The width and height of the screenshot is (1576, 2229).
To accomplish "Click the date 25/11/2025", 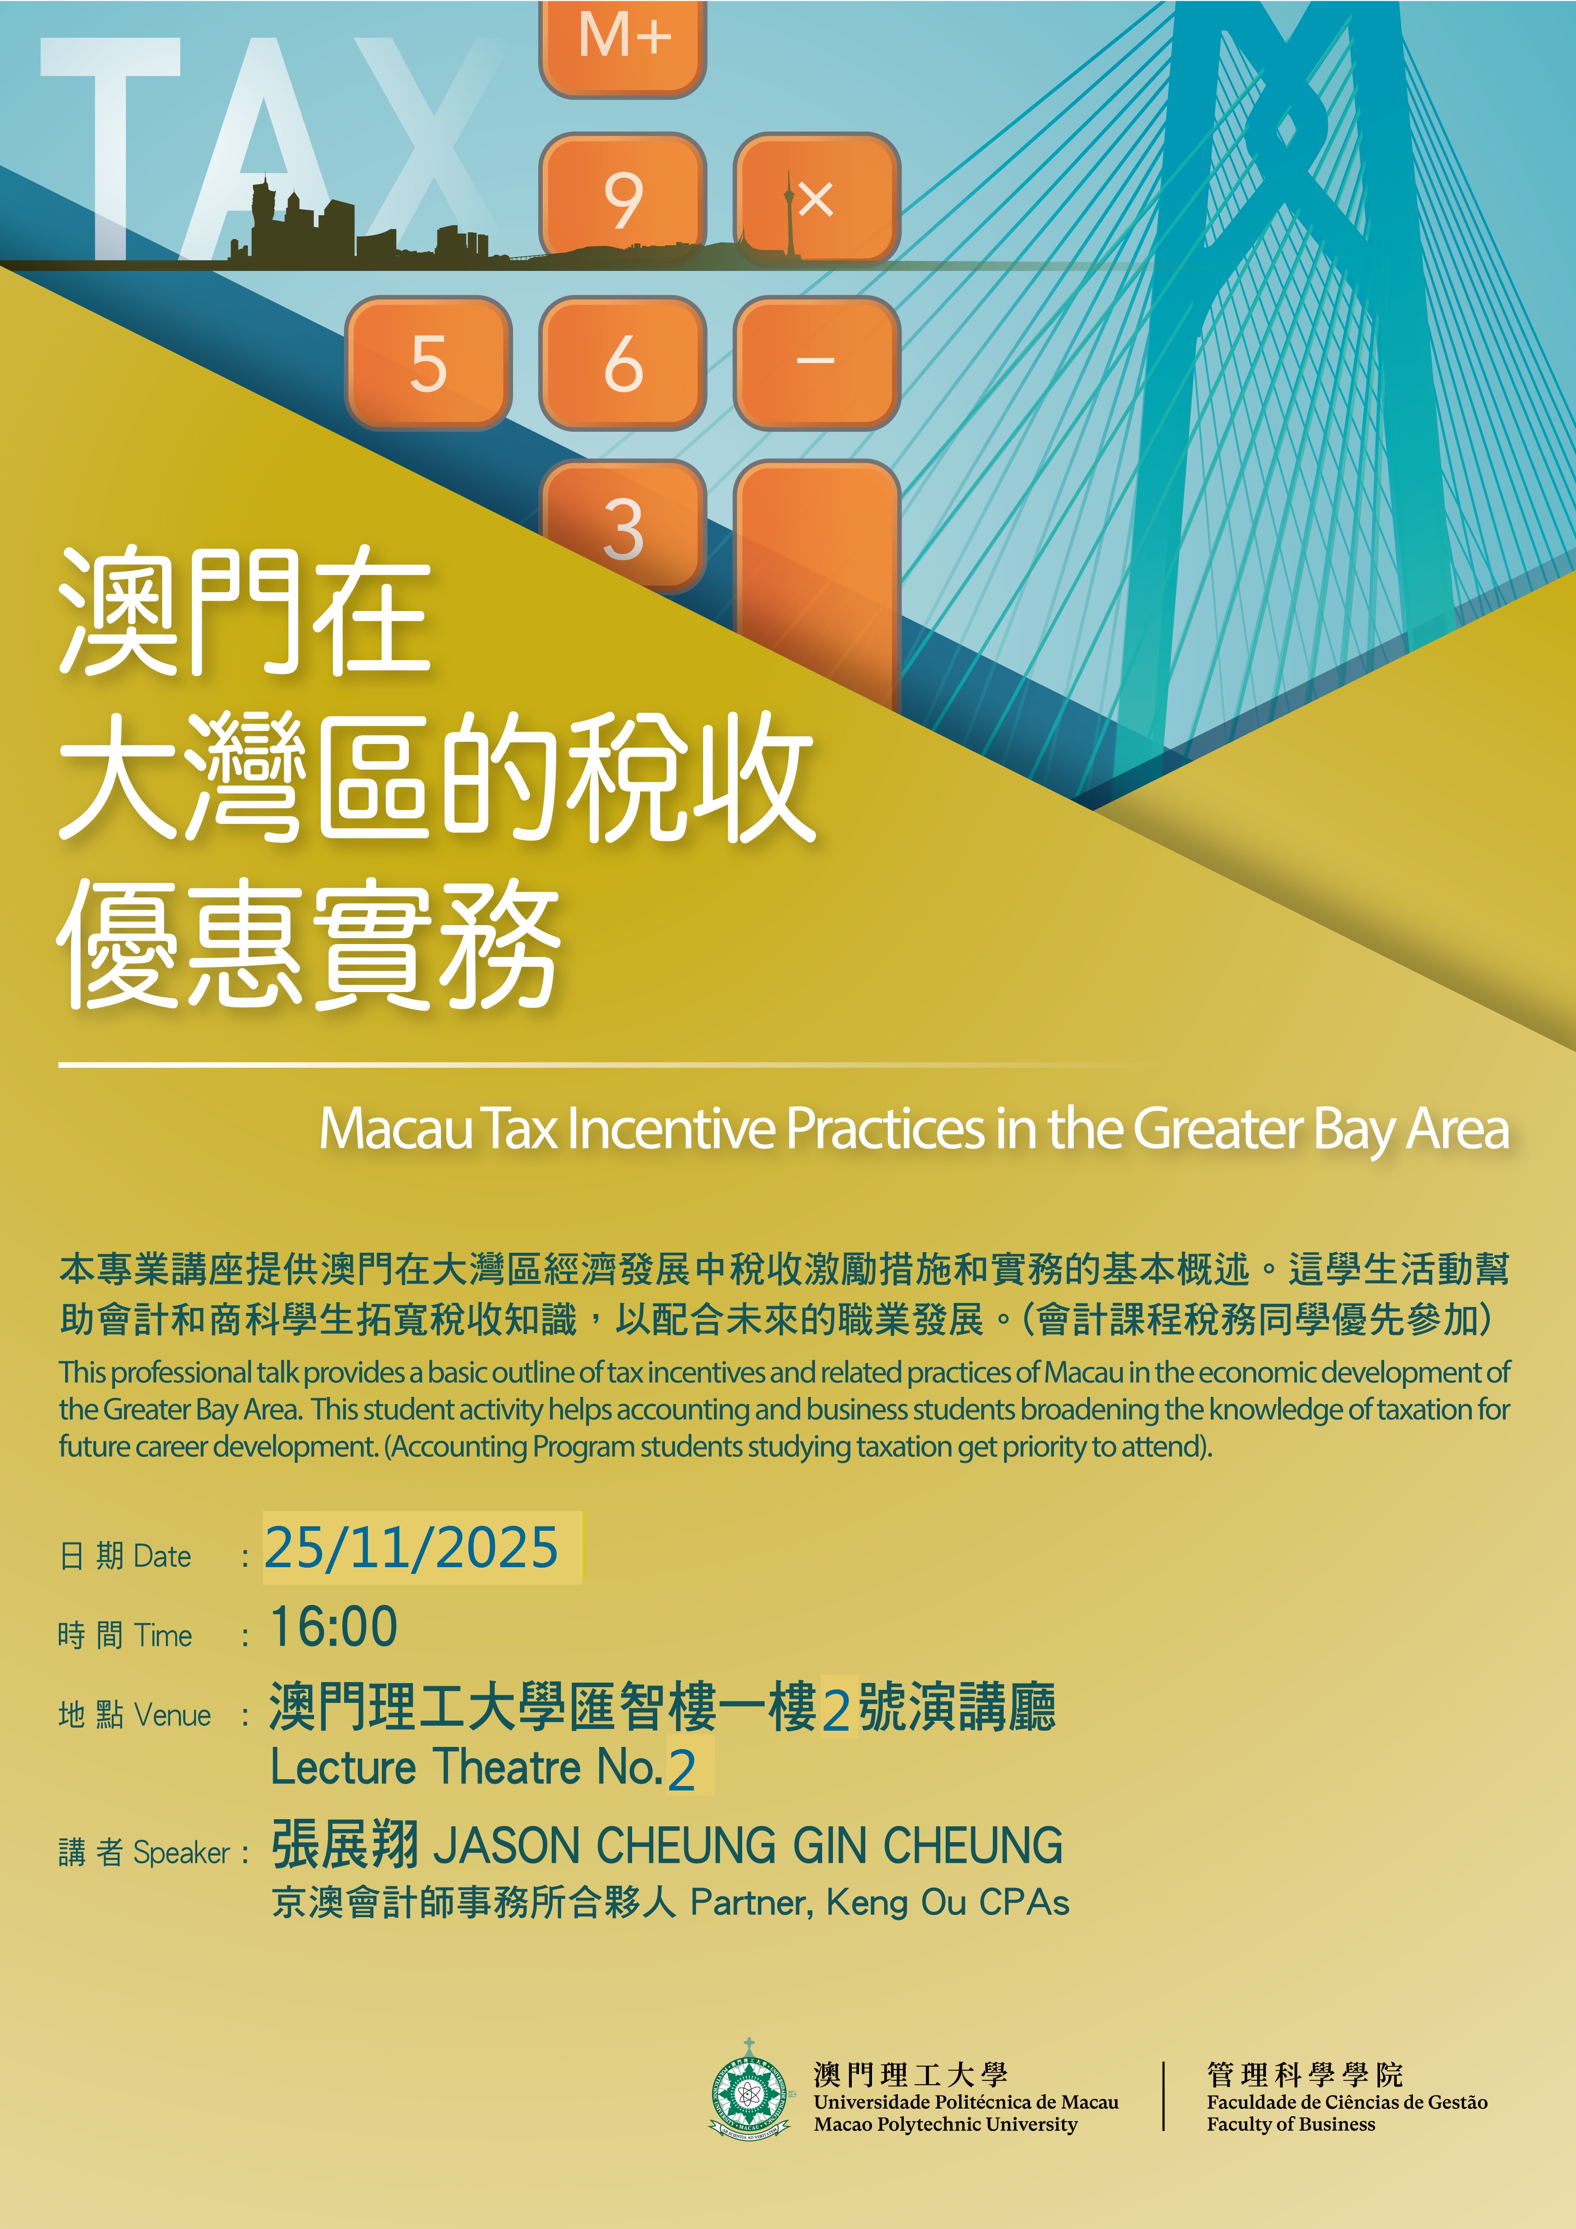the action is pyautogui.click(x=412, y=1547).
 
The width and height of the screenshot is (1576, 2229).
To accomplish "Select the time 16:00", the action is pyautogui.click(x=334, y=1627).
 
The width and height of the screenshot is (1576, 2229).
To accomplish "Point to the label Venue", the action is pyautogui.click(x=173, y=1715).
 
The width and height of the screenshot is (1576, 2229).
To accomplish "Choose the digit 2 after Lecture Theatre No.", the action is pyautogui.click(x=682, y=1771).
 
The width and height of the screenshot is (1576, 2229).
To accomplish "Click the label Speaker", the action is pyautogui.click(x=182, y=1852).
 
